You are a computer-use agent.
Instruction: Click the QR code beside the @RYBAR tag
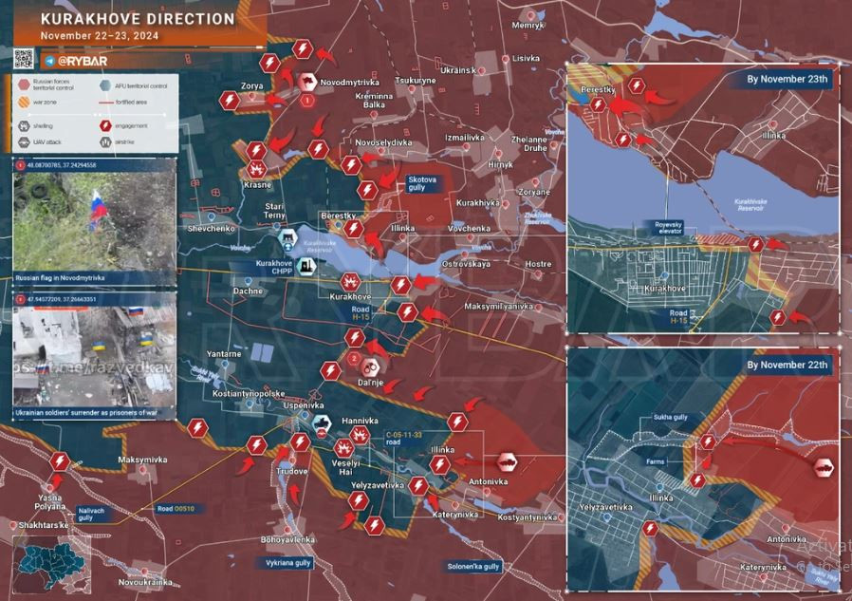tap(25, 58)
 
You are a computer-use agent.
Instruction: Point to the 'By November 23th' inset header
tap(787, 80)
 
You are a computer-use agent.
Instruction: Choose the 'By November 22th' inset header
tap(787, 365)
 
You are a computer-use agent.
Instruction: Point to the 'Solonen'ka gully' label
tap(473, 567)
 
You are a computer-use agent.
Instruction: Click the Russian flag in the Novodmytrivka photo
tap(96, 211)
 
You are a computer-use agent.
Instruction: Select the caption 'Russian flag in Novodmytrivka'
tap(60, 278)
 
